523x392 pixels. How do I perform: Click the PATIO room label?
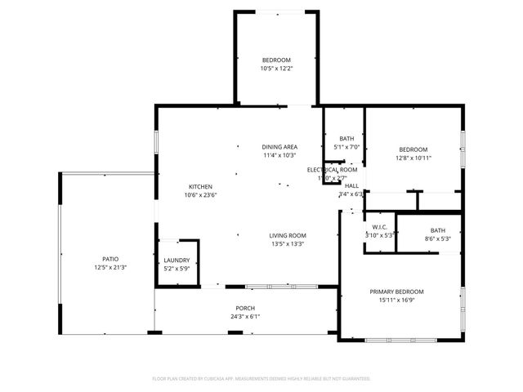[x=110, y=259]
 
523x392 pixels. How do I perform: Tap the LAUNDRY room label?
[x=177, y=260]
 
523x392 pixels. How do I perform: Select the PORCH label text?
[x=246, y=309]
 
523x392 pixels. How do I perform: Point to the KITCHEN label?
[x=200, y=186]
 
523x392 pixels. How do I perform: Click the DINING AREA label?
[x=279, y=147]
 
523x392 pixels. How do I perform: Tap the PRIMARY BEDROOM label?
[x=396, y=292]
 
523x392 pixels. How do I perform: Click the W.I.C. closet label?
[x=380, y=226]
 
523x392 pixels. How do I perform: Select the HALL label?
[x=351, y=186]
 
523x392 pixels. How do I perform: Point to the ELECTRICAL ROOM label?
[x=332, y=170]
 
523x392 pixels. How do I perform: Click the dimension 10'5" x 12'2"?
[x=275, y=69]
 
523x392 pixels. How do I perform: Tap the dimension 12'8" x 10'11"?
[x=413, y=158]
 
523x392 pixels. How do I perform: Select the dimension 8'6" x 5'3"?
[x=438, y=238]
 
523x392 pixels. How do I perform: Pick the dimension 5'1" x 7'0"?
[x=347, y=147]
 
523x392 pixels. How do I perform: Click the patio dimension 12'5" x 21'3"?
[x=110, y=267]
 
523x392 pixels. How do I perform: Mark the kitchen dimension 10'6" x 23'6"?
[x=200, y=194]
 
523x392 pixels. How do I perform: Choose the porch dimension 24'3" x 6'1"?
[x=246, y=317]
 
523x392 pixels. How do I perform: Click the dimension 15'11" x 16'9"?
[x=396, y=300]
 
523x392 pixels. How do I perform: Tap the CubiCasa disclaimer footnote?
[x=261, y=378]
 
